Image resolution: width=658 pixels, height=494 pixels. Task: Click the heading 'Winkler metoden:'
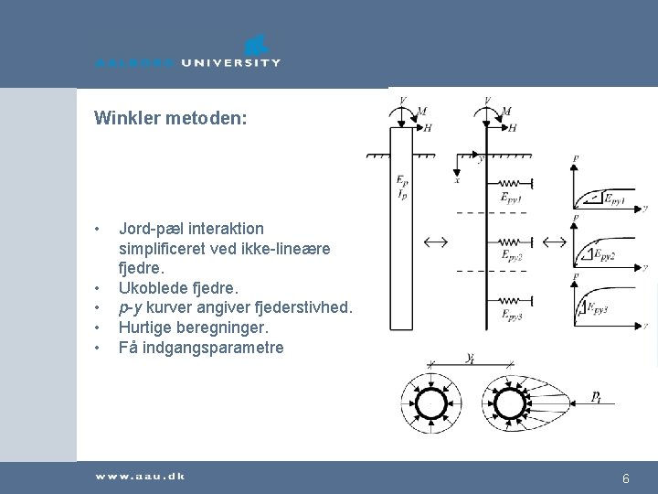(170, 118)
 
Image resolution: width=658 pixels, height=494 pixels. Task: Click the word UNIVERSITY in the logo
(230, 63)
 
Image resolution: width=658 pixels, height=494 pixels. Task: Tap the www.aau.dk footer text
(139, 478)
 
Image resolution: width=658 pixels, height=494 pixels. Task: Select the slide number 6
(626, 478)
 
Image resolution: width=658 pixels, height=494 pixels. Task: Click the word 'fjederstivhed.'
(305, 308)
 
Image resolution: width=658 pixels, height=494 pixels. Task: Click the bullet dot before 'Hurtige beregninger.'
(96, 328)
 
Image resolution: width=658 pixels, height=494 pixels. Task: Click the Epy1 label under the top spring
(510, 197)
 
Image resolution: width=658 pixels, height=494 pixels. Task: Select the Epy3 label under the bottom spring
(511, 316)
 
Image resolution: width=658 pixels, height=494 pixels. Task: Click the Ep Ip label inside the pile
(402, 187)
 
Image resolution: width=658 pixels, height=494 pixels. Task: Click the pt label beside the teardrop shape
(595, 396)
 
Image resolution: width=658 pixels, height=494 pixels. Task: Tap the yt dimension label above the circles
(470, 359)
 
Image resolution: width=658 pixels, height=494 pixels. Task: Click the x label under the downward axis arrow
(457, 180)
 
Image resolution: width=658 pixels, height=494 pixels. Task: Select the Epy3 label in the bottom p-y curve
(598, 307)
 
